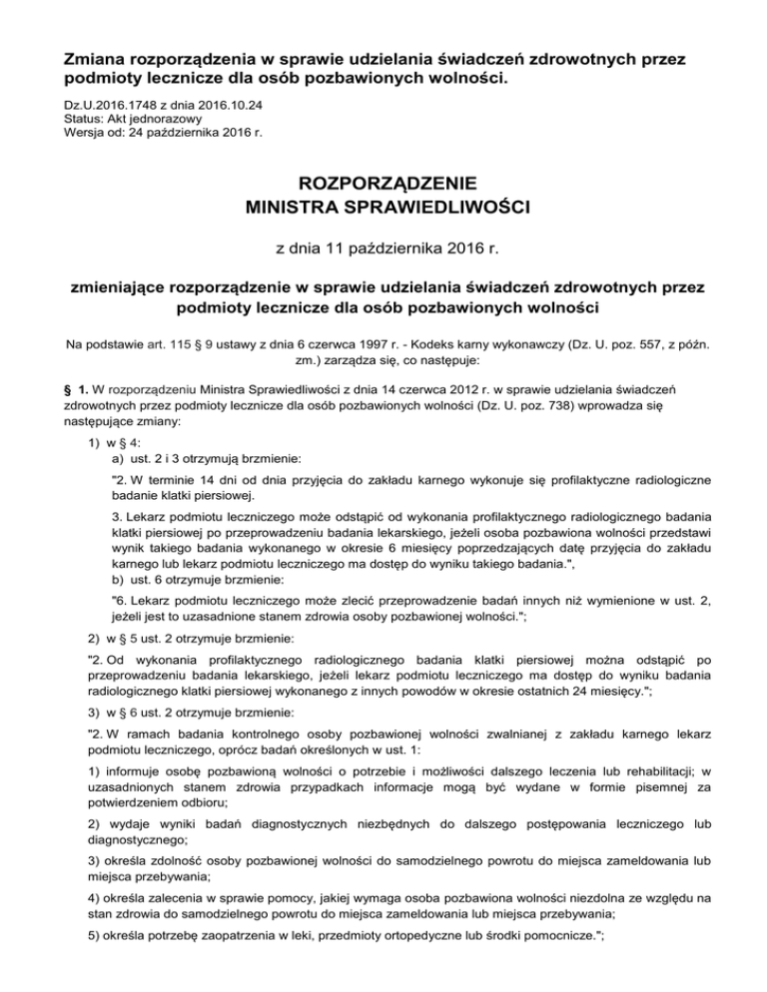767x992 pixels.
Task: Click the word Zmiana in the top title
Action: [91, 58]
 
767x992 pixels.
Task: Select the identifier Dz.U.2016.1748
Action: [116, 103]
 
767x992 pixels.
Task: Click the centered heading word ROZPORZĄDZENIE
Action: [383, 184]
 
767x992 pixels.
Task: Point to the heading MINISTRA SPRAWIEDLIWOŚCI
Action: [383, 210]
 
